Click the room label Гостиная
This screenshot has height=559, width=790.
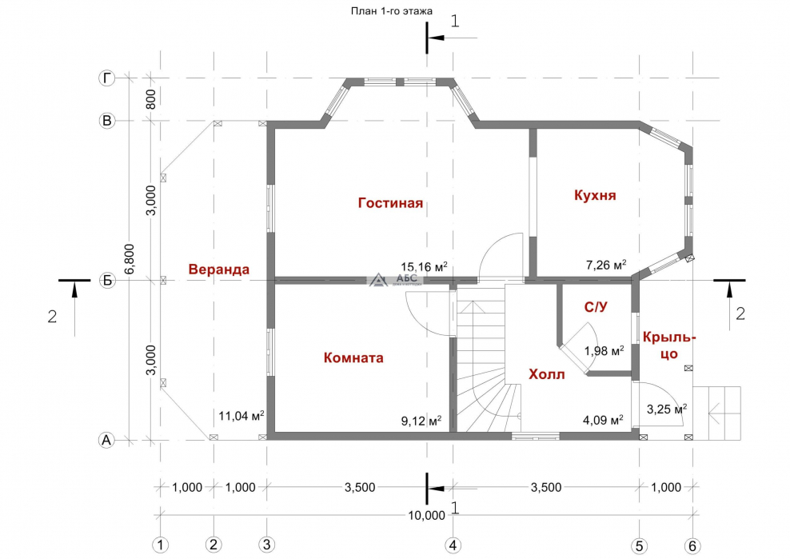(x=390, y=203)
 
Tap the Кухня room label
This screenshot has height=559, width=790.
(x=595, y=195)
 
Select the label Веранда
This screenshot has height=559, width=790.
(x=218, y=270)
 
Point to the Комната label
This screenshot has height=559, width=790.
(x=353, y=358)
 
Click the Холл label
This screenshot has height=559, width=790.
(x=547, y=374)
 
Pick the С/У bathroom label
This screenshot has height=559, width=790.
(x=596, y=307)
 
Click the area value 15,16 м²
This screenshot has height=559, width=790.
(x=424, y=266)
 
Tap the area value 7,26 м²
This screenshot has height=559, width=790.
(x=606, y=265)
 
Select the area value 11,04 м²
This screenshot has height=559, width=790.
(x=241, y=415)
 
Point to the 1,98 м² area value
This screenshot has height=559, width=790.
(x=604, y=350)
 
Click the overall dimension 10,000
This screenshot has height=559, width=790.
(x=426, y=515)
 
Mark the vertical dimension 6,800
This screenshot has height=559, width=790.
(x=130, y=259)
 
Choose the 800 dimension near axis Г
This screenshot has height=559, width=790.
(x=150, y=99)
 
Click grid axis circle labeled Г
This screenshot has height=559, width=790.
(x=106, y=78)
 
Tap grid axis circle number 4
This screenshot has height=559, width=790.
(x=453, y=545)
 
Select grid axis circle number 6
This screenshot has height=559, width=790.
(x=692, y=545)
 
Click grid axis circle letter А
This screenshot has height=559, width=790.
(x=106, y=440)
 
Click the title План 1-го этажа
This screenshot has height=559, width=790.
(x=392, y=11)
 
